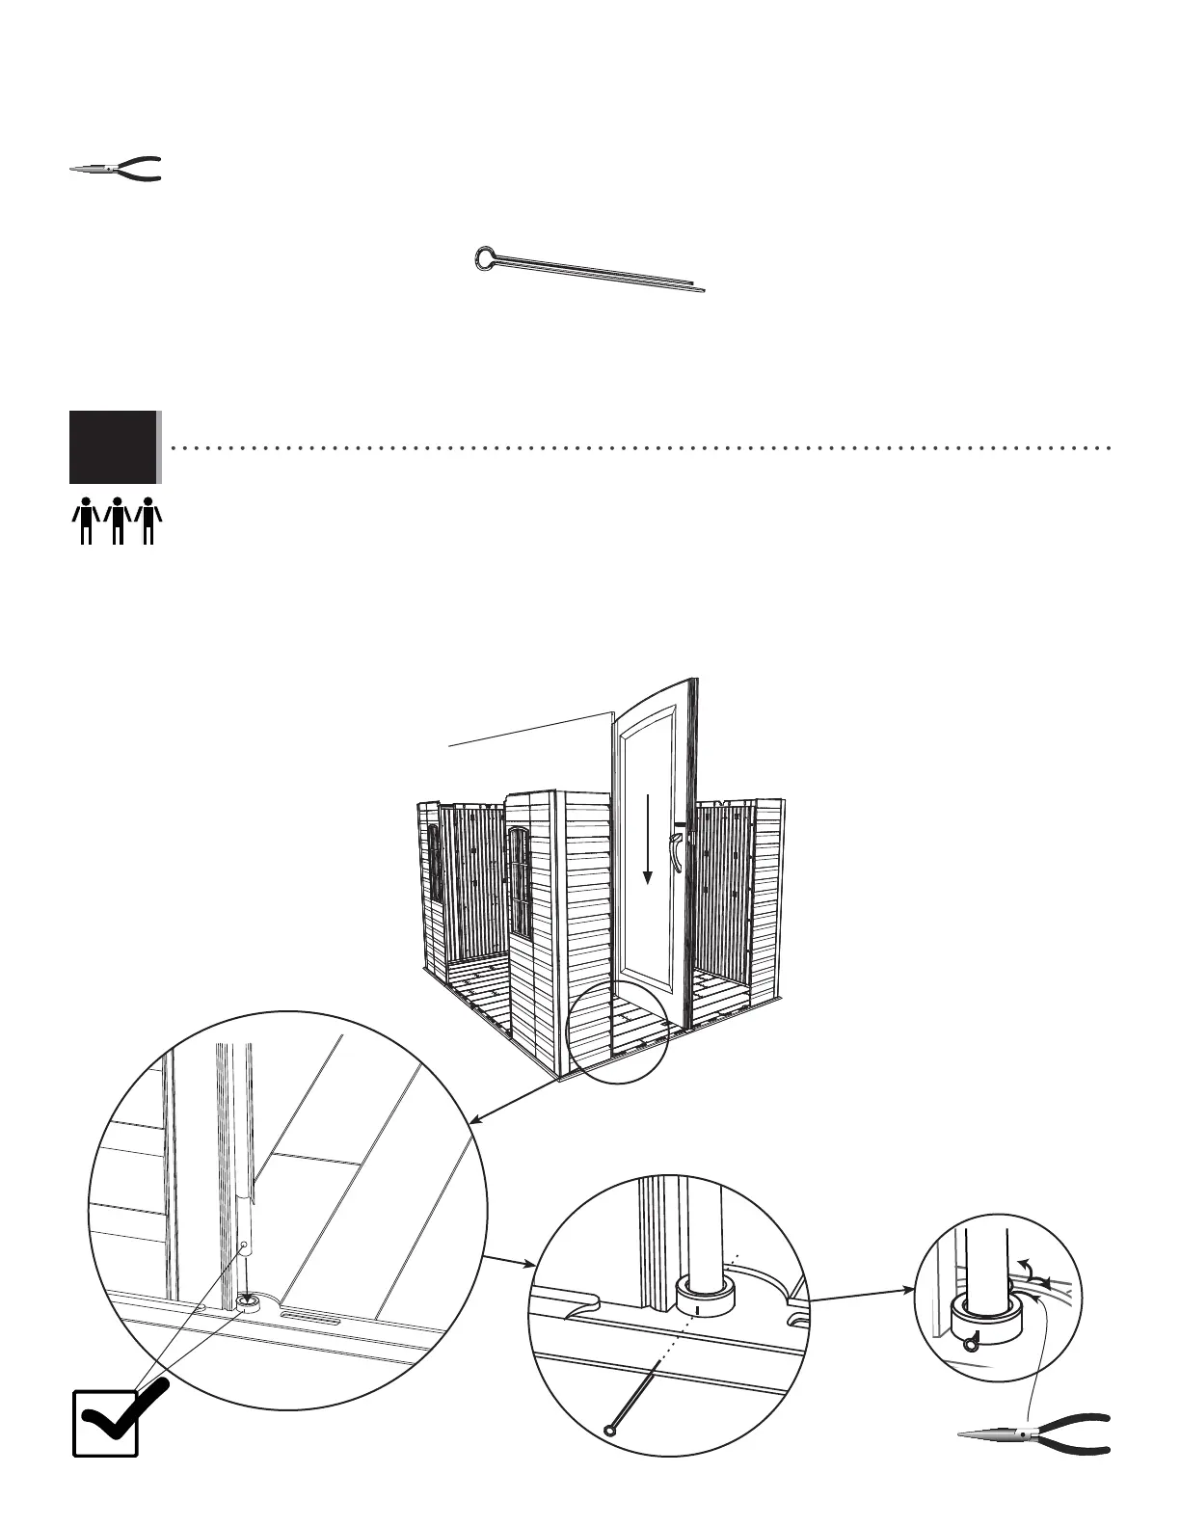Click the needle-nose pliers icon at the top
tap(116, 169)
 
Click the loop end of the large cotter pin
tap(488, 257)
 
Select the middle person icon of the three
tap(117, 521)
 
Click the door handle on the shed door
tap(680, 854)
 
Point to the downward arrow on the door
tap(649, 839)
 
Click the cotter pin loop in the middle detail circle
tap(610, 1430)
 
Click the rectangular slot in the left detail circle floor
tap(309, 1317)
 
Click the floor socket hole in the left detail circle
tap(248, 1302)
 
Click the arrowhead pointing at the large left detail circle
tap(474, 1119)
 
